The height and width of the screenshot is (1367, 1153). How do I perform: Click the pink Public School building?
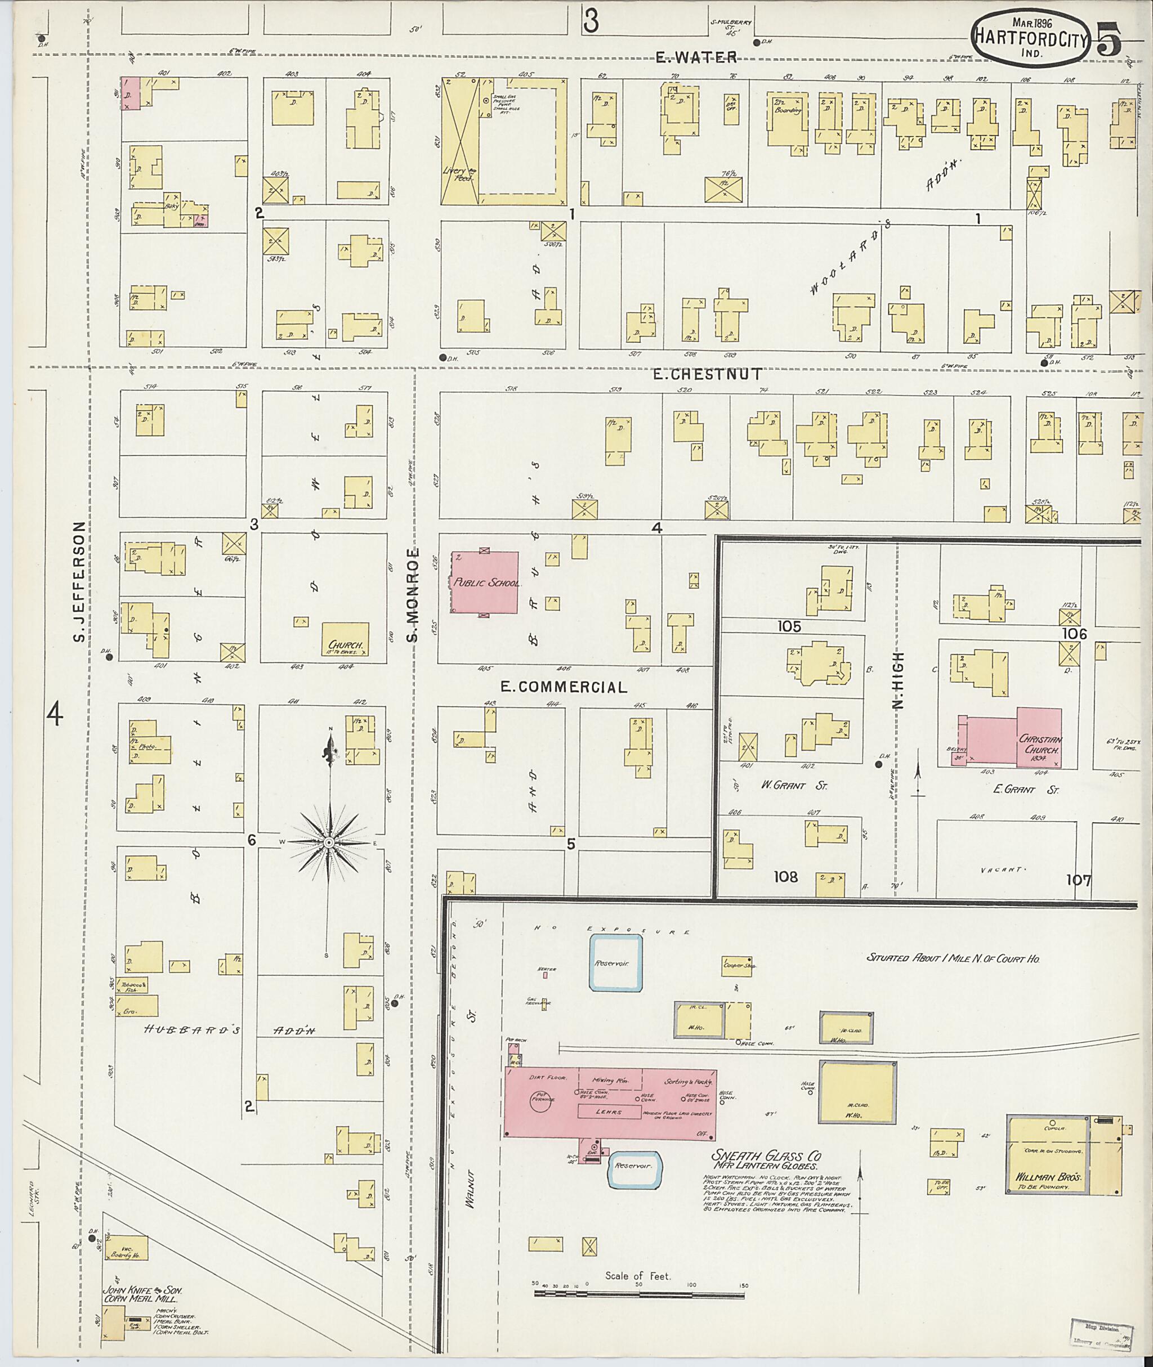click(486, 581)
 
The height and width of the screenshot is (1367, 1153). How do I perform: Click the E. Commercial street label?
click(564, 687)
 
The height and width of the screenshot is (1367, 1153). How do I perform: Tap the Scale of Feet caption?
click(637, 1275)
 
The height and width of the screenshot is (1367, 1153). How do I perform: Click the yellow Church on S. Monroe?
click(345, 640)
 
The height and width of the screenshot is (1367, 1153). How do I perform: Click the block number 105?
click(789, 626)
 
